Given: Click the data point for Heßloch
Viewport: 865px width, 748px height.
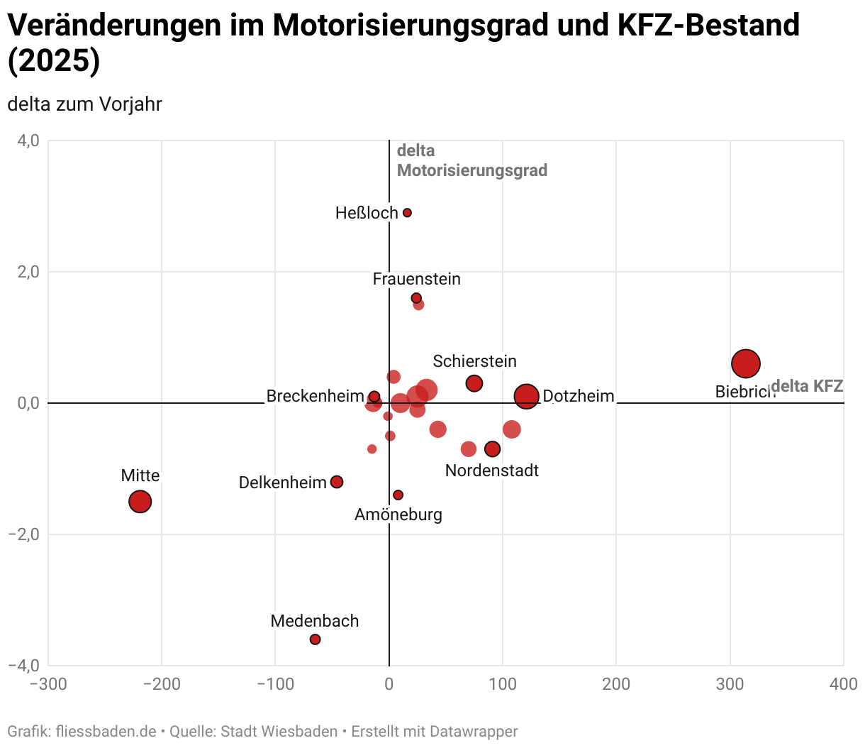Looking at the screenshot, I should click(x=407, y=213).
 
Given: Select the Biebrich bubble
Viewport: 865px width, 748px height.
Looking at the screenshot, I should click(x=746, y=364).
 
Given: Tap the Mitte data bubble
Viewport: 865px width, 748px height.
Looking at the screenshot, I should click(x=140, y=502).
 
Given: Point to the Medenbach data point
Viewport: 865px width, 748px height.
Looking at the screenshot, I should click(x=316, y=639).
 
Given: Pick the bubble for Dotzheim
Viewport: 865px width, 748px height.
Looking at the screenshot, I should click(x=527, y=396).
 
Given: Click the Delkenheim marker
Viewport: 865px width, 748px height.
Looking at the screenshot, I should click(x=337, y=482).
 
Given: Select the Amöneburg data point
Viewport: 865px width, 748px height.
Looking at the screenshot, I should click(x=398, y=495).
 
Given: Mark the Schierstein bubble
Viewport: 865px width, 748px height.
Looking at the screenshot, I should click(x=474, y=383).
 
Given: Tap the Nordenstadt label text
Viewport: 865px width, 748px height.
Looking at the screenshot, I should click(x=491, y=471).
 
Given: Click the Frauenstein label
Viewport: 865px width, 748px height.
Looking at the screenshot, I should click(x=416, y=279).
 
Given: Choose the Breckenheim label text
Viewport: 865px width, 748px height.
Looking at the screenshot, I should click(x=315, y=396).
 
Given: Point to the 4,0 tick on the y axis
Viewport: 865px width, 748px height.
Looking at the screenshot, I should click(x=28, y=141).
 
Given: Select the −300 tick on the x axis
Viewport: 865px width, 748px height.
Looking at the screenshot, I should click(x=48, y=684).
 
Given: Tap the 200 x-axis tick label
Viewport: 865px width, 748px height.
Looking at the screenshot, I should click(x=616, y=684).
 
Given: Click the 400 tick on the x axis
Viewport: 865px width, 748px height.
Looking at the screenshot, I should click(x=843, y=684).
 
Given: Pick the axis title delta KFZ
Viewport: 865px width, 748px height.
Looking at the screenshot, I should click(x=807, y=386).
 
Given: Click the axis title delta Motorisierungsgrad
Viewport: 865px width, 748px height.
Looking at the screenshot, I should click(x=471, y=160).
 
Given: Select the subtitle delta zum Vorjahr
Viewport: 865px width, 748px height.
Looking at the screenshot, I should click(x=84, y=104).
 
